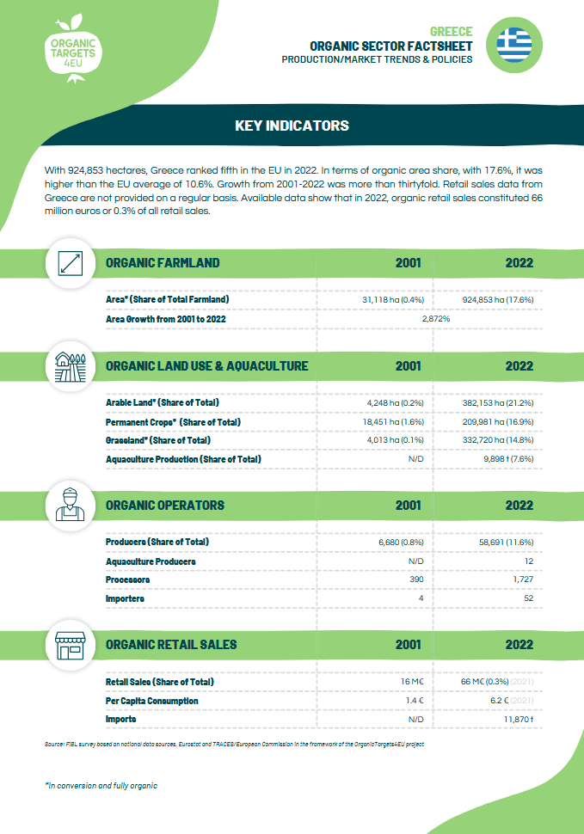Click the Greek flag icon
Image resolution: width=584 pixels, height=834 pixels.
coord(517,41)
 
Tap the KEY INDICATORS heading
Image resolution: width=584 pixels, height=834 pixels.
coord(292,126)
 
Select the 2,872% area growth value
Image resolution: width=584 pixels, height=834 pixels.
coord(436,318)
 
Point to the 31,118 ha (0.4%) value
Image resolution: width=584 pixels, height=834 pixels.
coord(395,299)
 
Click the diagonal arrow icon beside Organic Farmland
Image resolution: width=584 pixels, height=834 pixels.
coord(69,262)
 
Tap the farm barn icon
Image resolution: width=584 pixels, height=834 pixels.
coord(69,366)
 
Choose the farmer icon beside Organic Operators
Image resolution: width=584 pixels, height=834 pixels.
coord(69,505)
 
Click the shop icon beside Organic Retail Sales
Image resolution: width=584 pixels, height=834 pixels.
coord(69,644)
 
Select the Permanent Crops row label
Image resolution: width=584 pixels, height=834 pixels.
coord(173,421)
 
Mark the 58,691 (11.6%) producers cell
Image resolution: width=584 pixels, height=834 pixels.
coord(506,542)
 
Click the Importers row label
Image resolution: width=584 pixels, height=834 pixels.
coord(125,598)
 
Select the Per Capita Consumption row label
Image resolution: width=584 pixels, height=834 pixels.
coord(151,700)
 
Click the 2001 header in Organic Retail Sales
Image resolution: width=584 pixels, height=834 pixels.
coord(408,644)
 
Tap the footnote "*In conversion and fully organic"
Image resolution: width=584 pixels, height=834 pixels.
coord(101,786)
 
